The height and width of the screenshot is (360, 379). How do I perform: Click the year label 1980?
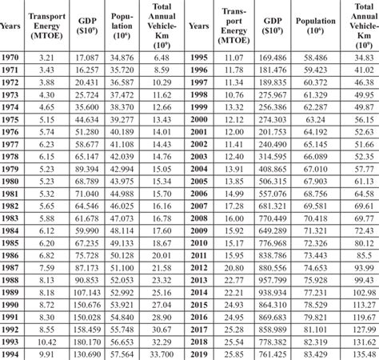pyautogui.click(x=14, y=179)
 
